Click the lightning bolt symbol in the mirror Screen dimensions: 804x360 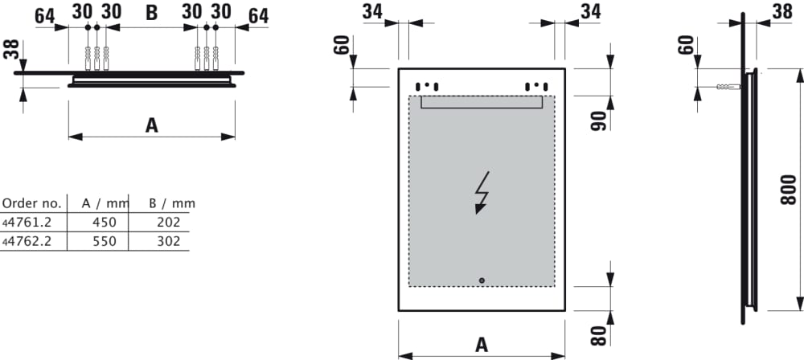482,192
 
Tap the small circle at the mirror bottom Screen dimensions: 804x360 482,280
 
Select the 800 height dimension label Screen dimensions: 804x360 789,190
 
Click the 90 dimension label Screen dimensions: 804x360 598,121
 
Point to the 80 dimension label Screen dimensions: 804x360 598,335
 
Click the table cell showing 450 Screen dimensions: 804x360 105,222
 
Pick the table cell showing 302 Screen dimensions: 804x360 169,241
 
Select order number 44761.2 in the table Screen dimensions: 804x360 27,222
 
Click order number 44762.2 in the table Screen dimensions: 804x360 27,241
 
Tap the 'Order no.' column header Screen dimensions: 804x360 32,203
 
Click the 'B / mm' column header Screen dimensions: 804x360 172,203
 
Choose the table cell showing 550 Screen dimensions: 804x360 105,241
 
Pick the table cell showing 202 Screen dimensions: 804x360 169,222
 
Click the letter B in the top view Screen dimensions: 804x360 152,14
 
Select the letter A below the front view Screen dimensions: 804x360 482,345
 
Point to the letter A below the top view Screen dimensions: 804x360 151,125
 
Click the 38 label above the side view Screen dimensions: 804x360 782,12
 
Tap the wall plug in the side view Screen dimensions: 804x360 728,87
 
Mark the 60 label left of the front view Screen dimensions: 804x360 342,45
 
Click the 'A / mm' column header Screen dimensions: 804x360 105,203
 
